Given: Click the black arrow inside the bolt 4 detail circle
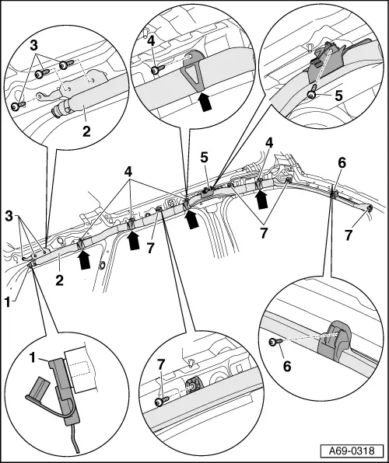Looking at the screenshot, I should tap(205, 101).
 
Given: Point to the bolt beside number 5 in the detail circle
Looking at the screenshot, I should tap(310, 95).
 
